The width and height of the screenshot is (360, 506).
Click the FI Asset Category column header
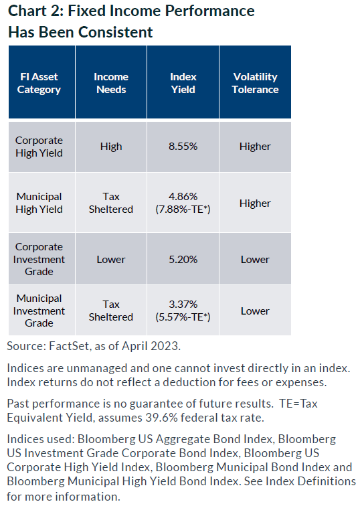[x=39, y=83]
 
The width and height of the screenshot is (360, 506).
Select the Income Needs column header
[x=111, y=83]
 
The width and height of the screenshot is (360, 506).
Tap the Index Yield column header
[x=183, y=83]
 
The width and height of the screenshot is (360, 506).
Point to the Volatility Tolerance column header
[x=255, y=83]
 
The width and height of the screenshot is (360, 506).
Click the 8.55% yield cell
[x=183, y=147]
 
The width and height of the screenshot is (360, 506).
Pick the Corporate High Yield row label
[x=39, y=147]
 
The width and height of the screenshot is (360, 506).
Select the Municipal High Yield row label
[x=39, y=203]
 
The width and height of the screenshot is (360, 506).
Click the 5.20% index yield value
[x=183, y=260]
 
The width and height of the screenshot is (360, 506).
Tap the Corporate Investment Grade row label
[x=39, y=259]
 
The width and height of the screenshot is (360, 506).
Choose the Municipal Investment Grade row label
[x=39, y=311]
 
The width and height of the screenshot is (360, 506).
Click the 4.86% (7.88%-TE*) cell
[x=183, y=203]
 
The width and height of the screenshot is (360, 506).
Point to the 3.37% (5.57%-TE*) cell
[x=183, y=311]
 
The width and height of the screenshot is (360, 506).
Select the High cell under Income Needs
[x=111, y=147]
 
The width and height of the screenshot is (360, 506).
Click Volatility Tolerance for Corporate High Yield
[x=255, y=147]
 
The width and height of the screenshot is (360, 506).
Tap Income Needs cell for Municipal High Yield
[x=111, y=203]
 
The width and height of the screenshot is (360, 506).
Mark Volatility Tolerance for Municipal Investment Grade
[x=255, y=311]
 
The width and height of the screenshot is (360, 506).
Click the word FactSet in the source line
[x=69, y=346]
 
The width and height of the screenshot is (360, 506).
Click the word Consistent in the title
[x=115, y=32]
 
